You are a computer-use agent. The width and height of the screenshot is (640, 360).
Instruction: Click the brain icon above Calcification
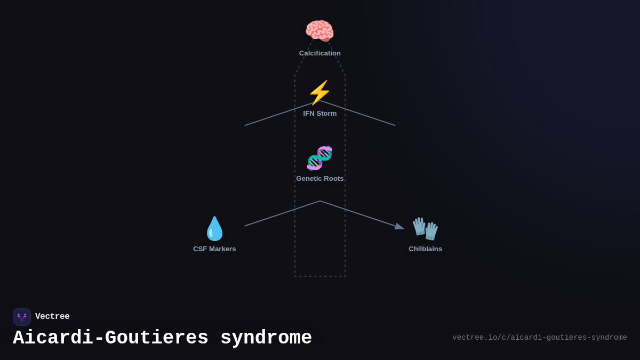319,31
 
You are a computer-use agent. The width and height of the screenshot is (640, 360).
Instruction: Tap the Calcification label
320,53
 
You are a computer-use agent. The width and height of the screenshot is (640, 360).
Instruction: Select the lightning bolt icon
319,93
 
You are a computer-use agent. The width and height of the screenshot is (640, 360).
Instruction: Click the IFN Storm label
320,114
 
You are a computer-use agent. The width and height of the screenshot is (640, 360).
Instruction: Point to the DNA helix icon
319,158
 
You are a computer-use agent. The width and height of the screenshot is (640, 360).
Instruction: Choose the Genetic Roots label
320,179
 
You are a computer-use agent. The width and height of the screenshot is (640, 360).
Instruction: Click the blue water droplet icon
214,229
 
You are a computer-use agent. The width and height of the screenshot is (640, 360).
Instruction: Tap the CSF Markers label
214,249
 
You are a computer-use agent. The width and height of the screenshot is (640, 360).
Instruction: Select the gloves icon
425,229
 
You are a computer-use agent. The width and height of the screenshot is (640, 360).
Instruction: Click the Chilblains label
426,249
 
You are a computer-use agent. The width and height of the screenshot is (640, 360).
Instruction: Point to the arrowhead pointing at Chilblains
399,227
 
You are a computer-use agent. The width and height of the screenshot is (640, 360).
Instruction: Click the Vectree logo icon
22,317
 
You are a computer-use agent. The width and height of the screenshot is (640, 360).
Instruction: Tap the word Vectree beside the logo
52,317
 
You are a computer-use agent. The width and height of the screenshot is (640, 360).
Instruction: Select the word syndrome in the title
266,338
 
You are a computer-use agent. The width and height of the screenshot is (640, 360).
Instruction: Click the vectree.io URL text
540,338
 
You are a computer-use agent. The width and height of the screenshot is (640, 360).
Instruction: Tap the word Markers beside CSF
222,249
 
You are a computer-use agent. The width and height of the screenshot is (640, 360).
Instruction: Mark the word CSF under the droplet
199,249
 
